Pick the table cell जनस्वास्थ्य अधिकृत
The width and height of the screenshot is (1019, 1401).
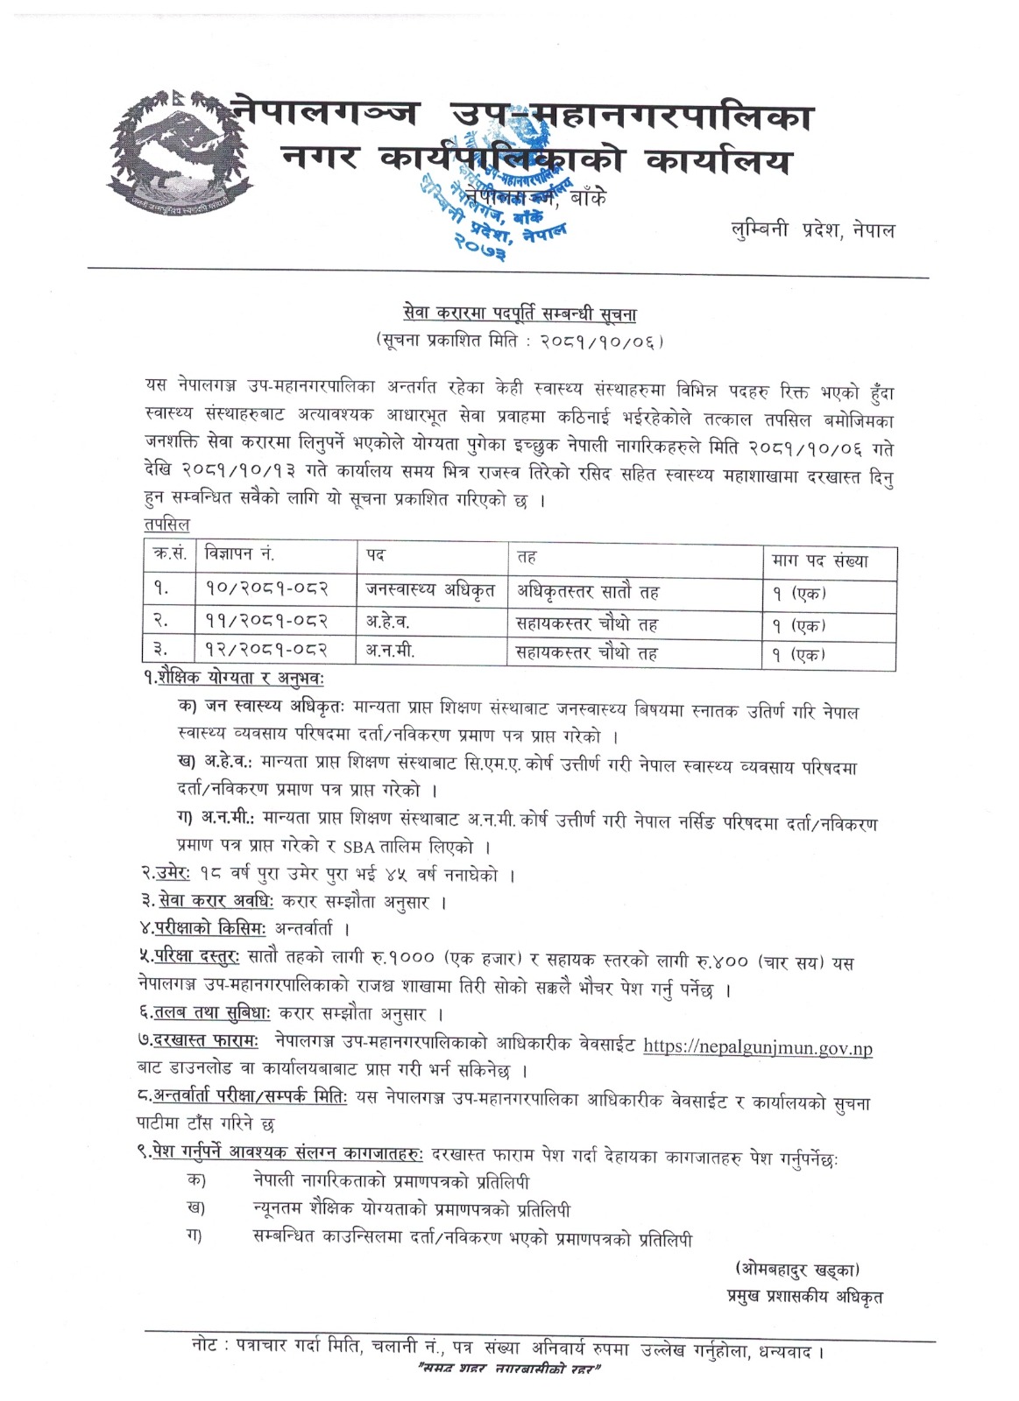tap(430, 591)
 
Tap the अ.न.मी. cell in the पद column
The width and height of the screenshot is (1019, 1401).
tap(390, 652)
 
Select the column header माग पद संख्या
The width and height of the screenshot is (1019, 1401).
tap(819, 560)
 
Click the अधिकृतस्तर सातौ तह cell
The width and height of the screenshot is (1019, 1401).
tap(587, 592)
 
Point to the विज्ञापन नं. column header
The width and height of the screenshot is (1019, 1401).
tap(239, 555)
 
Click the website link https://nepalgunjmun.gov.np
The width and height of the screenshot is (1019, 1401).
tap(758, 1046)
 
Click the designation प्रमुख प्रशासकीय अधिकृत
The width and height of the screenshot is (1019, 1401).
tap(803, 1297)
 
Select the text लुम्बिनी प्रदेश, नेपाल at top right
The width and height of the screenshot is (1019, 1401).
tap(813, 231)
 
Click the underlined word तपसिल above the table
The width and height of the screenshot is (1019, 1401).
tap(166, 524)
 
